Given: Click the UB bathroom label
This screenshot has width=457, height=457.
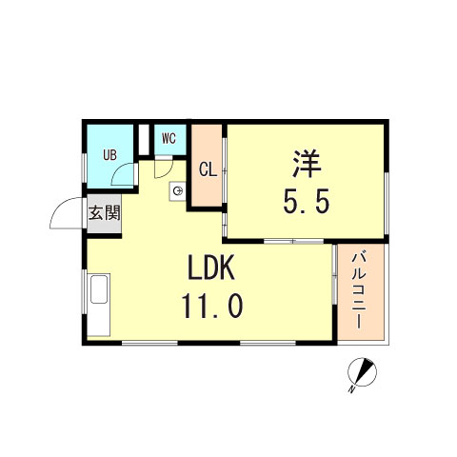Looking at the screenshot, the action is tap(109, 155).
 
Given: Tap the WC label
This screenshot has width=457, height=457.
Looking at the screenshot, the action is tap(169, 138).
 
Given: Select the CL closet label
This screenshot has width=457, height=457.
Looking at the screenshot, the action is tap(208, 170).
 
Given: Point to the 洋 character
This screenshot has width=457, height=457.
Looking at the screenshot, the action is tap(307, 164).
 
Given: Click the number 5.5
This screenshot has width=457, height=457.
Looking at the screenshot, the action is tap(307, 201).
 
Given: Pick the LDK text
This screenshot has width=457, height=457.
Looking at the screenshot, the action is tap(211, 268).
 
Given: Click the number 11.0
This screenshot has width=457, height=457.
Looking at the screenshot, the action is tap(212, 306).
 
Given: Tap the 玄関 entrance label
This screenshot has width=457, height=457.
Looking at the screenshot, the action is tap(104, 213).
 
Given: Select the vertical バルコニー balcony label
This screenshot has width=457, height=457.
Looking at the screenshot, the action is tap(359, 290).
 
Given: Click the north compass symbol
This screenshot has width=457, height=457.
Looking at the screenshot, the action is tap(362, 372).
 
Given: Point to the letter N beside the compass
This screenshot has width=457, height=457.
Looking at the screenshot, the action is tap(351, 389).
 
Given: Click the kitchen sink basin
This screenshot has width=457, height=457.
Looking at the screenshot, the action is tap(99, 289).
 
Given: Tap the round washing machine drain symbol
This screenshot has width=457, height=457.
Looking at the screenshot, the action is tap(178, 190).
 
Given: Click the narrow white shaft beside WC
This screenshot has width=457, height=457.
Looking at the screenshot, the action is tap(144, 140).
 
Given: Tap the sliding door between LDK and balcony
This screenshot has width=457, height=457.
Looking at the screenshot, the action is tap(334, 274).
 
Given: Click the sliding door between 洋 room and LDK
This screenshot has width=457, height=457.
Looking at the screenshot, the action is tap(293, 241).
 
